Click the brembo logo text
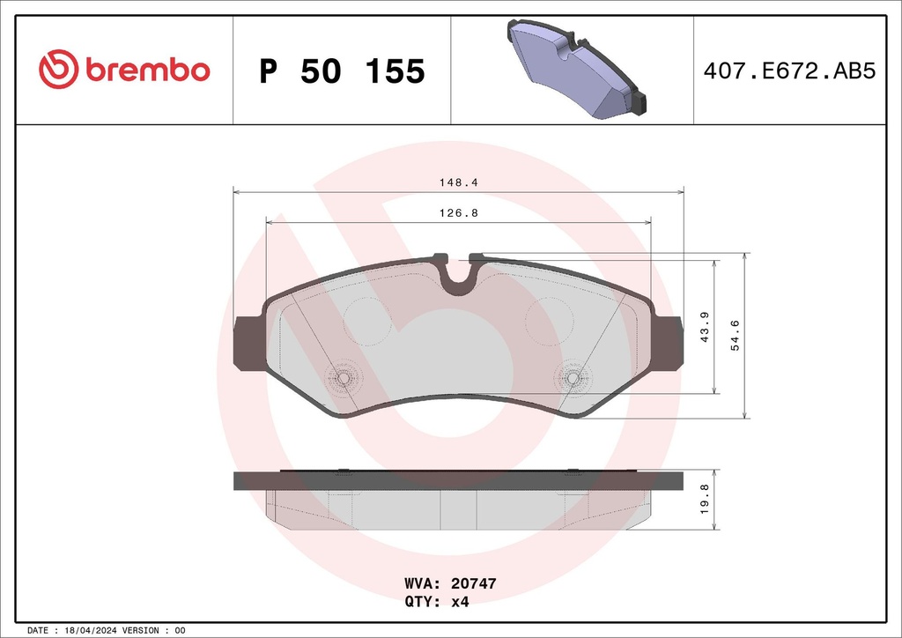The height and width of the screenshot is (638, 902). pyautogui.click(x=147, y=70)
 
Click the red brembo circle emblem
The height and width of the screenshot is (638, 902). pyautogui.click(x=59, y=70)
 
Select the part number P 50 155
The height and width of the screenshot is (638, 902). pyautogui.click(x=342, y=71)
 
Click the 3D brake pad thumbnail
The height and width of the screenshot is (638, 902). pyautogui.click(x=573, y=70)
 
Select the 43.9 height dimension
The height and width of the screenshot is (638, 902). pyautogui.click(x=704, y=327)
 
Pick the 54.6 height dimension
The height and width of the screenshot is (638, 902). pyautogui.click(x=736, y=336)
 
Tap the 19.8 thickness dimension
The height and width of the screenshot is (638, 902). pyautogui.click(x=704, y=500)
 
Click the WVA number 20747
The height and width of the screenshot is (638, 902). pyautogui.click(x=476, y=583)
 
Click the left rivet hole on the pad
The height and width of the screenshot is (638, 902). pyautogui.click(x=344, y=378)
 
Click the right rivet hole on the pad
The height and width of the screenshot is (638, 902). pyautogui.click(x=573, y=378)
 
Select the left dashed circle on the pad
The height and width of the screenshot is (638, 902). pyautogui.click(x=367, y=322)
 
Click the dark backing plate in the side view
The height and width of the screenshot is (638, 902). pyautogui.click(x=458, y=480)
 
